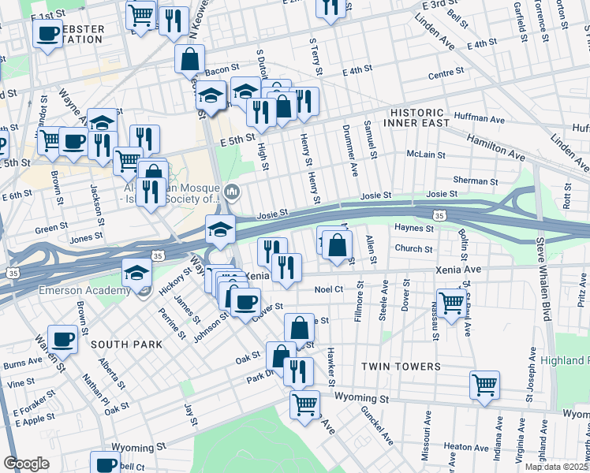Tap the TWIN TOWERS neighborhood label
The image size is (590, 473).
[401, 367]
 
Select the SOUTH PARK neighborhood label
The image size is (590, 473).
[126, 345]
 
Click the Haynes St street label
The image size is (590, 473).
[414, 229]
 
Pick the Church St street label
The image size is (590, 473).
[413, 249]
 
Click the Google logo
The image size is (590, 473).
[27, 463]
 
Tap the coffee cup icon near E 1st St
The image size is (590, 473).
[47, 33]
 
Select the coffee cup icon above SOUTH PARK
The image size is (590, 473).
[62, 338]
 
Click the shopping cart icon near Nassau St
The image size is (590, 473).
[451, 301]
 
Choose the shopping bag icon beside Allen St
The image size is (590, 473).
[337, 244]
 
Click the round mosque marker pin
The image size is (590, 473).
[232, 192]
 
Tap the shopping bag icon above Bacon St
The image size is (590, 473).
[189, 58]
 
